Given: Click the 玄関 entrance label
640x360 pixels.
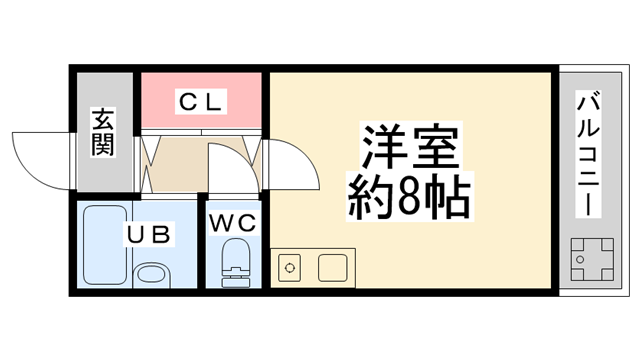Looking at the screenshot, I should pos(103,132).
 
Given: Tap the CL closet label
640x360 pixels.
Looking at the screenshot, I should pos(201,100).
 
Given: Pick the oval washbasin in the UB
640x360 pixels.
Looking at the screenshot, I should pos(152,274).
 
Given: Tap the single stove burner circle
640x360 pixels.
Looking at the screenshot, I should pos(290,268).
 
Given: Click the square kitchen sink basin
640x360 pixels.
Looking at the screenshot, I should pos(332,268).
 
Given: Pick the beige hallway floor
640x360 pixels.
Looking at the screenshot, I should pos(178,165).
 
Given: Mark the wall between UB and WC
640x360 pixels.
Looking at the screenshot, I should pos(203,245).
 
